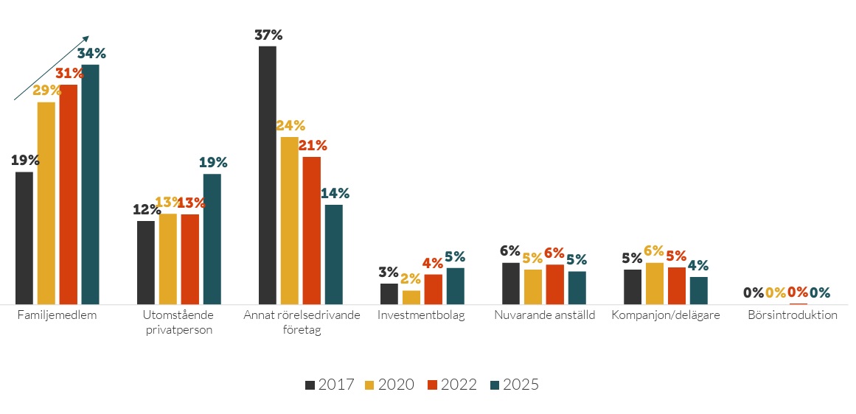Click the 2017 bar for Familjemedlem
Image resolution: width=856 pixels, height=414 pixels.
[24, 237]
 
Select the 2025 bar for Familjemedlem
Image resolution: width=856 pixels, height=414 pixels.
[90, 184]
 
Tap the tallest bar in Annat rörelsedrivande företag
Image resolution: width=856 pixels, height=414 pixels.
[268, 175]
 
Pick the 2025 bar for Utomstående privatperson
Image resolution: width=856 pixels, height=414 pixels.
[212, 239]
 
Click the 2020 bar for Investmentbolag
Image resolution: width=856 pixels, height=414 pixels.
[411, 297]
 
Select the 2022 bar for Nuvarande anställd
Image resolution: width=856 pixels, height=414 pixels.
[554, 284]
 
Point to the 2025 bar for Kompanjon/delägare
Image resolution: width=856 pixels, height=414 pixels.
[698, 290]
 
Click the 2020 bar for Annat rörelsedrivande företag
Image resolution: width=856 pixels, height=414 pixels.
[289, 220]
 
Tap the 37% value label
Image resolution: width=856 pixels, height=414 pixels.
[268, 35]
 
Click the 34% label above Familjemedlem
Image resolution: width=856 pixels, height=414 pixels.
[91, 53]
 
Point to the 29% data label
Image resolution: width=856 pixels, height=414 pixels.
[46, 91]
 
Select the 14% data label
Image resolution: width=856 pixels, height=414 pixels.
[335, 194]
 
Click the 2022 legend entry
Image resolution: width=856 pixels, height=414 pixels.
[453, 385]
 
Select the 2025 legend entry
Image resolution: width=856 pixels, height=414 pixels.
[515, 385]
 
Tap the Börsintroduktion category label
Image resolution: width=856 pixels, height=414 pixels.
[793, 315]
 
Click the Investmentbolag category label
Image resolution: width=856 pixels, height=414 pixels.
[421, 315]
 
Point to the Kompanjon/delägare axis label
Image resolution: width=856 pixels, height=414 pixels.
[666, 315]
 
